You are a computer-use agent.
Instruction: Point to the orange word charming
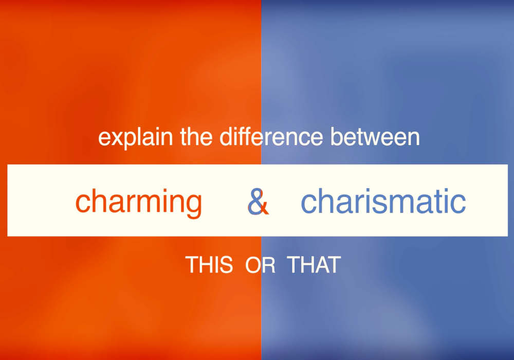pos(139,202)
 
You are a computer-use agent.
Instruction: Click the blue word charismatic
pos(383,202)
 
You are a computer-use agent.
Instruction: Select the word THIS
pos(209,265)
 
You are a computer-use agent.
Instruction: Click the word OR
pos(260,265)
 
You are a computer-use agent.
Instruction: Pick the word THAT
pos(314,265)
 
